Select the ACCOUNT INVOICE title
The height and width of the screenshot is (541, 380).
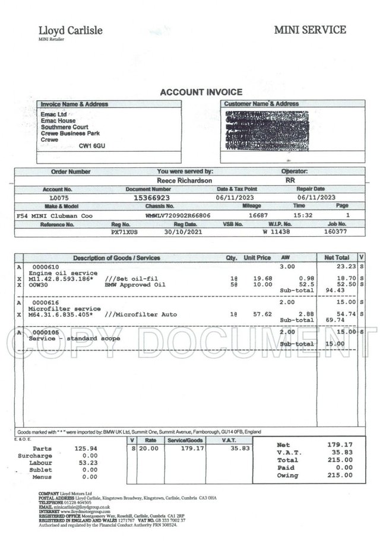[202, 92]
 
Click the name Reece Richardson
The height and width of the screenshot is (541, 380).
[184, 180]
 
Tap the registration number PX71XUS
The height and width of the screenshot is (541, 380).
[124, 233]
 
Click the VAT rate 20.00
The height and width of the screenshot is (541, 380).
[151, 449]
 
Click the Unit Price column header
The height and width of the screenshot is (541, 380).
[257, 258]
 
